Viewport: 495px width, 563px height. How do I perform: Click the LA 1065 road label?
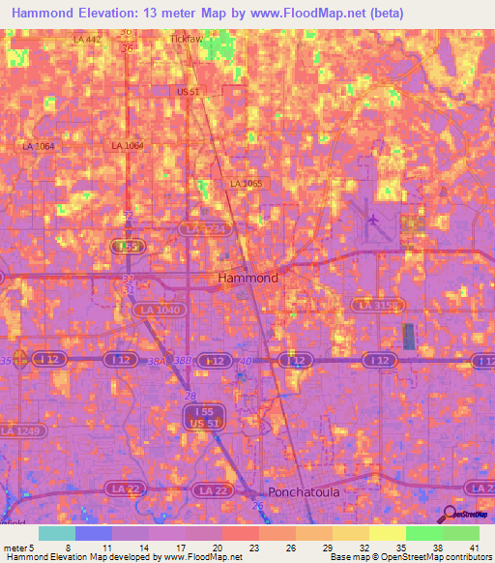click(246, 183)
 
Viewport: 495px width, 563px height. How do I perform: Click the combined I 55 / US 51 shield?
click(199, 417)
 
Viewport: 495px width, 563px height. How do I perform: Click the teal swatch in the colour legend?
click(57, 533)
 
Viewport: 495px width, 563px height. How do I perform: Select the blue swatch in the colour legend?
click(94, 533)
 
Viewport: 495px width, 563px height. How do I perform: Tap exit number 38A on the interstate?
click(156, 360)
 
